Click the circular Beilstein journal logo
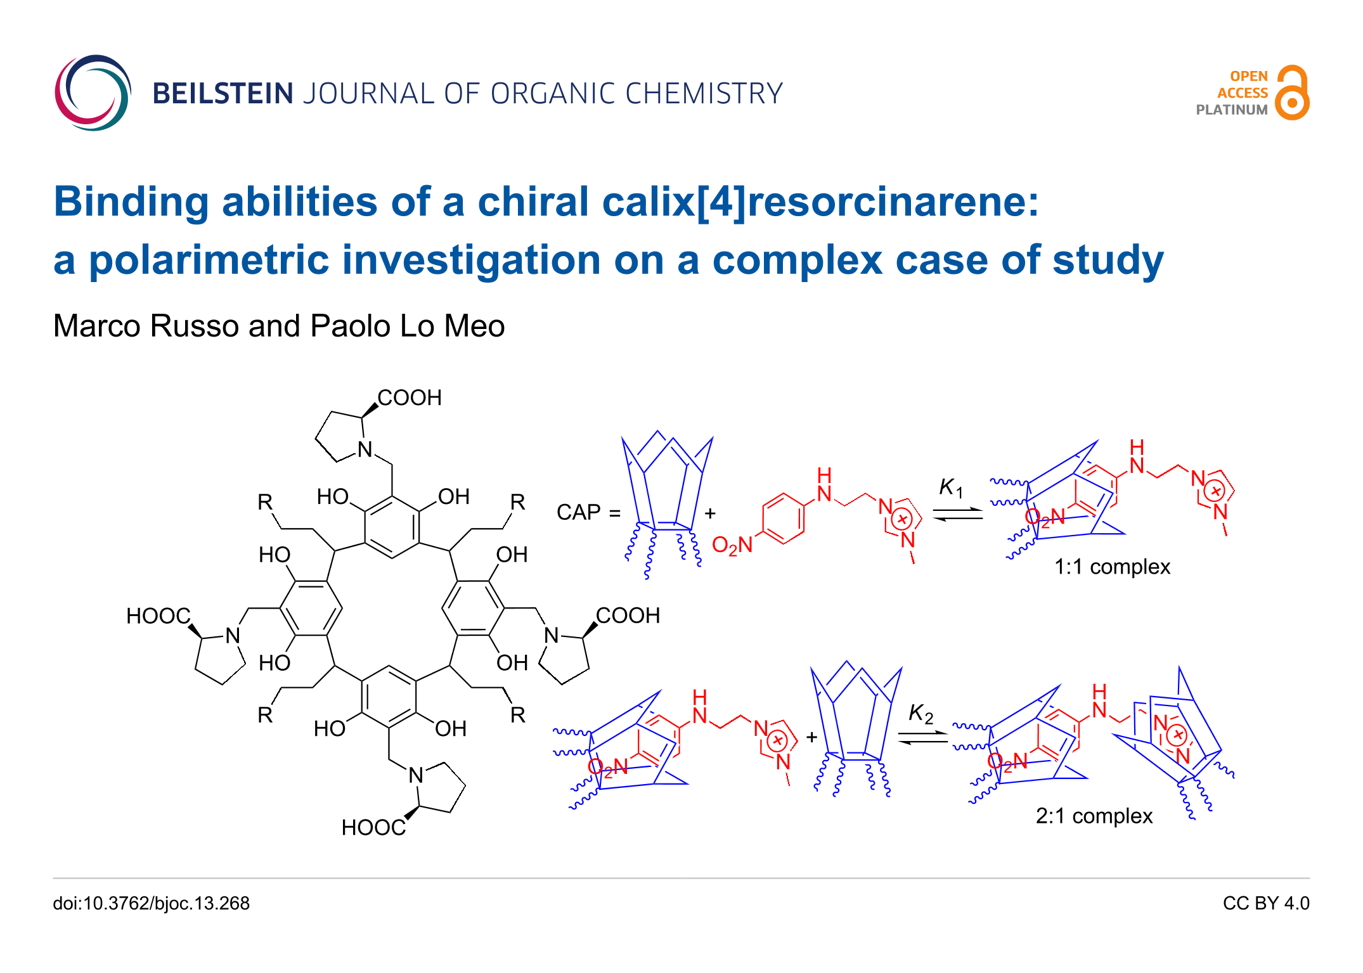tap(93, 93)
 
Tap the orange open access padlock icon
tap(1292, 93)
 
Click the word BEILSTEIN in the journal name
tap(223, 94)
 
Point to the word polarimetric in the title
tap(209, 260)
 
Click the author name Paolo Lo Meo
tap(407, 326)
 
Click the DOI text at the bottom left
tap(151, 903)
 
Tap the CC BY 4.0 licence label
tap(1265, 903)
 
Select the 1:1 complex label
tap(1111, 567)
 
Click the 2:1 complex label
tap(1094, 816)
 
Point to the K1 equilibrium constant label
tap(950, 487)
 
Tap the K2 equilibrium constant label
tap(920, 713)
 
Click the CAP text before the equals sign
tap(578, 512)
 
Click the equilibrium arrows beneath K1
tap(957, 514)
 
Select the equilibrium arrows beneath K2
tap(923, 738)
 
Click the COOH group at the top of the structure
tap(410, 398)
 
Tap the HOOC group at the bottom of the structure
tap(373, 828)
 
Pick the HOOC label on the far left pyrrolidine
tap(158, 616)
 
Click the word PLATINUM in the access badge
tap(1231, 110)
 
